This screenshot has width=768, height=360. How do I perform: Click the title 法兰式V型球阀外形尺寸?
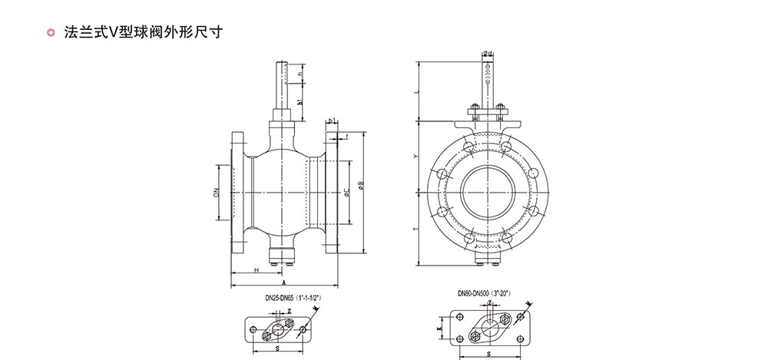click(145, 33)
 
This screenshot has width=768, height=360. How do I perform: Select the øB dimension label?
click(359, 184)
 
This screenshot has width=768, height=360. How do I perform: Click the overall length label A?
click(283, 283)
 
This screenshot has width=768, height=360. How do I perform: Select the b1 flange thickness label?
click(332, 121)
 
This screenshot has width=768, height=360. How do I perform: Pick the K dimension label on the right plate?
click(439, 329)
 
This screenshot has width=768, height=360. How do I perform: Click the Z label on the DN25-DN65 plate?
click(289, 312)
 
